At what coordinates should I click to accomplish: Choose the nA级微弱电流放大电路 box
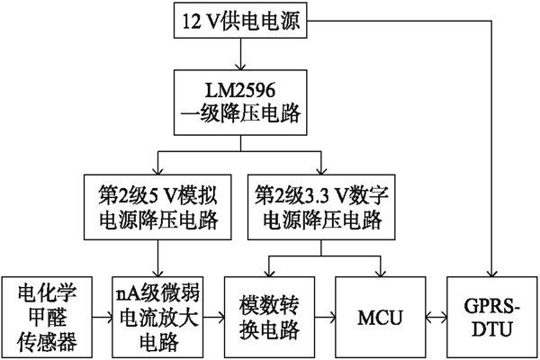click(x=159, y=318)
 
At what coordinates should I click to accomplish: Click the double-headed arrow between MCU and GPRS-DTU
click(x=436, y=318)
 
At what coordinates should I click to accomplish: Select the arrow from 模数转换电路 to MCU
click(x=324, y=318)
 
